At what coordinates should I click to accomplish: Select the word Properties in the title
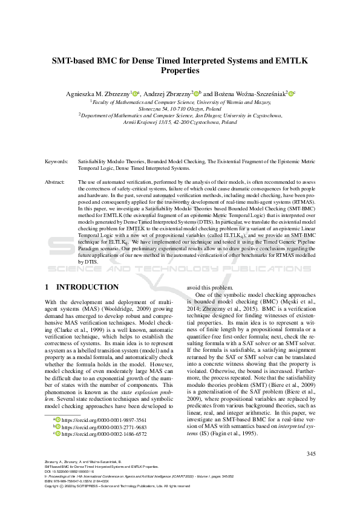[x=180, y=71]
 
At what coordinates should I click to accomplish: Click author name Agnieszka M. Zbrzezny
[x=99, y=94]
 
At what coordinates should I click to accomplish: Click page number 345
[x=311, y=454]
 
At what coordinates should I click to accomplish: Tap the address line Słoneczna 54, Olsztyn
[x=180, y=109]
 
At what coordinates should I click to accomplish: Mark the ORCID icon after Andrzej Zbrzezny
[x=195, y=94]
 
